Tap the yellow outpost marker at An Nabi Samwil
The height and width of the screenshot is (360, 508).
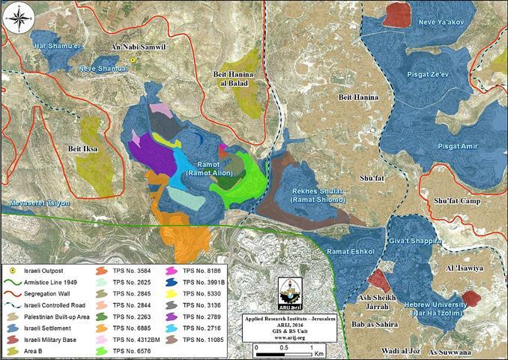pos(133,59)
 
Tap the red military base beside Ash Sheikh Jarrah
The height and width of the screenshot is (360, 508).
pos(379,280)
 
